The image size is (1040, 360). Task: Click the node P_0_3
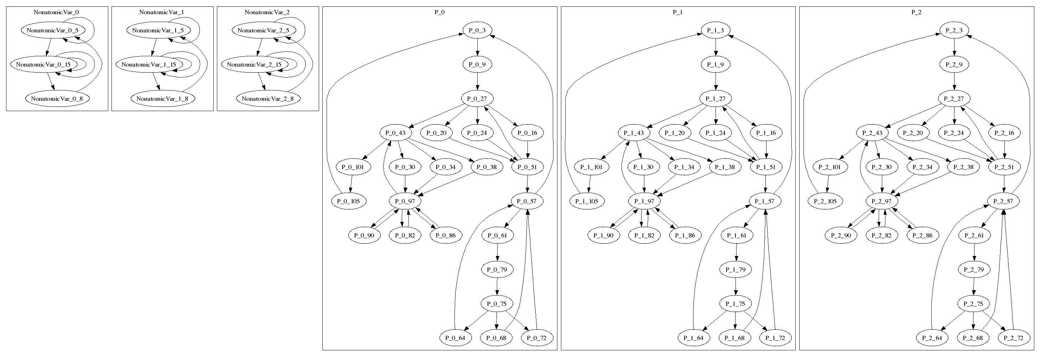coord(477,30)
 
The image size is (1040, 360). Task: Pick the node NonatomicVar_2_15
coord(254,64)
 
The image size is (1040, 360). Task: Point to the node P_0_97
coord(405,201)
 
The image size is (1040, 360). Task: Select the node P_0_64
coord(456,338)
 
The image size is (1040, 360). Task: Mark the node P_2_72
coord(1013,338)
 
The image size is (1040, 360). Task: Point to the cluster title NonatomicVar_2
coord(267,12)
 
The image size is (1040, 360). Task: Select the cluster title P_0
coord(440,12)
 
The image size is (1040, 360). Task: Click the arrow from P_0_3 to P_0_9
coord(477,47)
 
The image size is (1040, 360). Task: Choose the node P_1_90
coord(603,235)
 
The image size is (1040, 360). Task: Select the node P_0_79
coord(497,270)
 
